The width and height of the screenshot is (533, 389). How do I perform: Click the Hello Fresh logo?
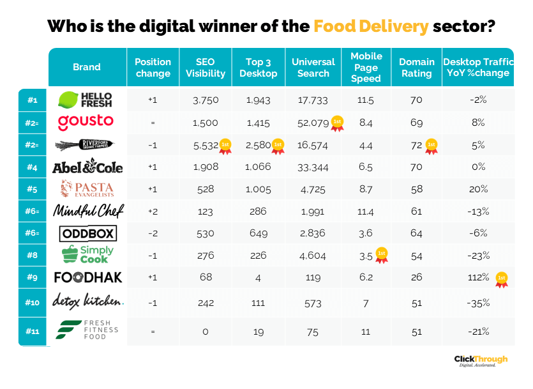pos(87,100)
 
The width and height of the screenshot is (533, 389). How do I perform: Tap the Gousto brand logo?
pos(86,121)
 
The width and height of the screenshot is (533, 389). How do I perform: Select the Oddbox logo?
pos(87,233)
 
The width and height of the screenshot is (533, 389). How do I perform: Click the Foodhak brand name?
pos(88,278)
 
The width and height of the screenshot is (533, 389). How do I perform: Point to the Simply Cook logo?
pos(87,255)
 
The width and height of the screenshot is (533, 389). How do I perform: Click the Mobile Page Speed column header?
pos(366,67)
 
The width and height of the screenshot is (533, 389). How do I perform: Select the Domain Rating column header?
pos(416,67)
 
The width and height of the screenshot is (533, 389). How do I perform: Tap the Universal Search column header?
pos(313,67)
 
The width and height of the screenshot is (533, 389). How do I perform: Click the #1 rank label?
pos(33,100)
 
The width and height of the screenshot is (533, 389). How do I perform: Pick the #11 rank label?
pos(33,331)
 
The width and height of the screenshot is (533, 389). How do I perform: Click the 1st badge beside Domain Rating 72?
pos(432,145)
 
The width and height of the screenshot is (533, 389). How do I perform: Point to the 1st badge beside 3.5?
pos(382,256)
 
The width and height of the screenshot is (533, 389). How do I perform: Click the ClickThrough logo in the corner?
pos(481,361)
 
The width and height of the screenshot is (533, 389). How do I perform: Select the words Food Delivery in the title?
pos(370,27)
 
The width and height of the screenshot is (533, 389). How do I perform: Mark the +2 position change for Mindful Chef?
pos(153,210)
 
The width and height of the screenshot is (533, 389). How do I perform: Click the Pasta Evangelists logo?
pos(87,188)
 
